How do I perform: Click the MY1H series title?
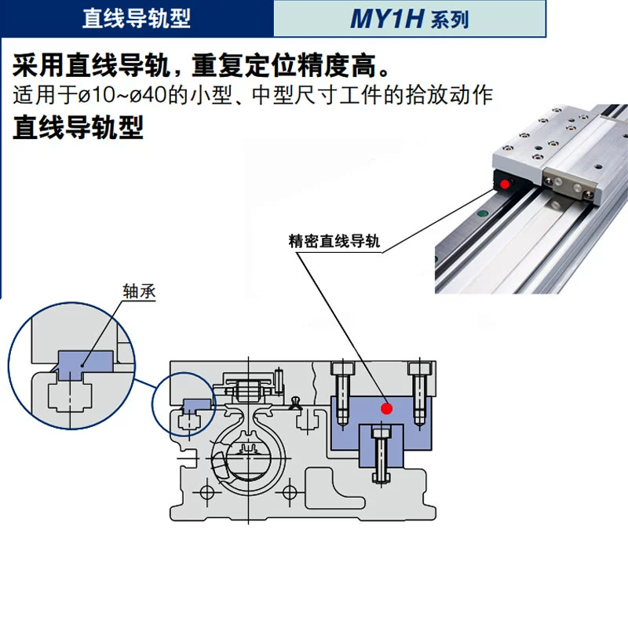click(409, 18)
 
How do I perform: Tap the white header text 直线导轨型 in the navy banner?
click(136, 18)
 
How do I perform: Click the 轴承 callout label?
click(139, 291)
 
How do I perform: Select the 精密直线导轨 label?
click(334, 241)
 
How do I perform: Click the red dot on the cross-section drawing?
click(386, 408)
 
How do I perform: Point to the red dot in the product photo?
click(505, 184)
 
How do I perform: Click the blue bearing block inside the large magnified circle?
click(85, 365)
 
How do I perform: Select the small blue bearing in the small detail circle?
click(197, 405)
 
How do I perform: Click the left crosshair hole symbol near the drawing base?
click(207, 492)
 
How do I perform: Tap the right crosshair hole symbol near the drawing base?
click(290, 492)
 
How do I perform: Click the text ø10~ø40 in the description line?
click(122, 95)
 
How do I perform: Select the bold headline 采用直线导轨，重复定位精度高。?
click(201, 65)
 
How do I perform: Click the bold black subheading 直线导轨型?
click(78, 128)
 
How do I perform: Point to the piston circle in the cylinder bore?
click(248, 457)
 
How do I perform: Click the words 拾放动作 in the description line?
click(448, 95)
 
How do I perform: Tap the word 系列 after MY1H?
click(449, 20)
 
